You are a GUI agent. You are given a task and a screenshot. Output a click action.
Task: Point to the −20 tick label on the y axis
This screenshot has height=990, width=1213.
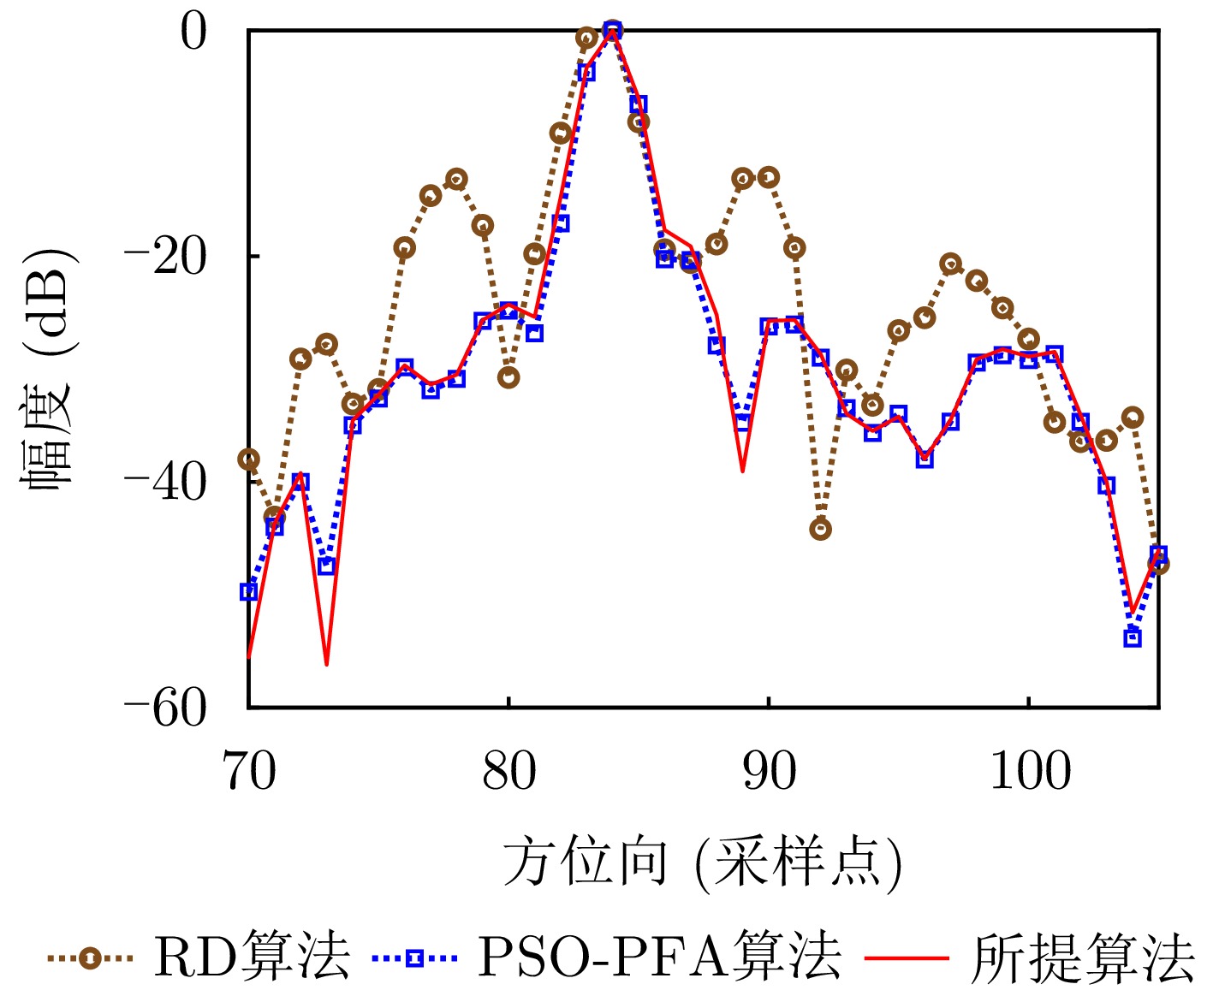pos(166,257)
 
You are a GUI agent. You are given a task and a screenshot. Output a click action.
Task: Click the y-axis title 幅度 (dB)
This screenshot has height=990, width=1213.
pos(49,370)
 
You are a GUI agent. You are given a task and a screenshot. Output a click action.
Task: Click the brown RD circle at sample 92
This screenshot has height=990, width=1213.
pos(820,530)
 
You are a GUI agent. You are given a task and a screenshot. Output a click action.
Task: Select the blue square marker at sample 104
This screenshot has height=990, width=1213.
pos(1132,638)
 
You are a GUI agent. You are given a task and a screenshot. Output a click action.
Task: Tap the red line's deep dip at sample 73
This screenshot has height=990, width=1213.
pos(327,663)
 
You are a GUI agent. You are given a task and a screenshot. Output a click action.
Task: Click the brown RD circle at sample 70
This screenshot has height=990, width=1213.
pos(249,459)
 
